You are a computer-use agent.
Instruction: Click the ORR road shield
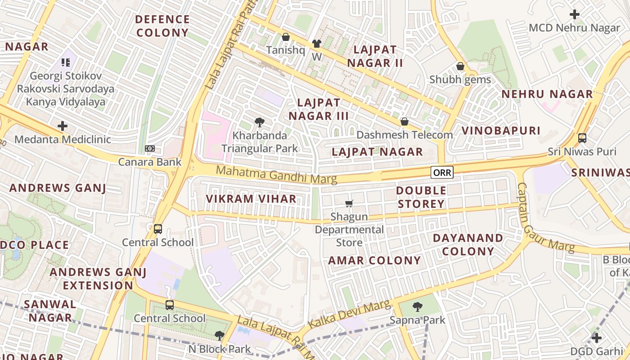[442, 172]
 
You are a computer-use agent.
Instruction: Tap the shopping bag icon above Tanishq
[285, 37]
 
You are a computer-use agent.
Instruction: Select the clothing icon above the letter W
[317, 44]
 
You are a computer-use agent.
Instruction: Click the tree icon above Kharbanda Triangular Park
[259, 122]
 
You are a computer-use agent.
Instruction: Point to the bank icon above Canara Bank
[150, 148]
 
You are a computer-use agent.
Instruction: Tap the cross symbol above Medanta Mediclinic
[63, 126]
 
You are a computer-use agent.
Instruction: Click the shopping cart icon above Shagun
[349, 204]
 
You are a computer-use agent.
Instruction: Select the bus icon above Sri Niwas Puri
[582, 138]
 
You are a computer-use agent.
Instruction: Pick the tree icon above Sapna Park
[417, 307]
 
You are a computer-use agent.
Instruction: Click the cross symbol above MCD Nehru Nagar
[574, 14]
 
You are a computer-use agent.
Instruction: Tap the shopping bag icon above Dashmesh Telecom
[404, 121]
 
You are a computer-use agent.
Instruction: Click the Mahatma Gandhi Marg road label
[276, 175]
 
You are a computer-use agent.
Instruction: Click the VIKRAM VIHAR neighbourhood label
[251, 199]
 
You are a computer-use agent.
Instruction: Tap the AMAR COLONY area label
[374, 261]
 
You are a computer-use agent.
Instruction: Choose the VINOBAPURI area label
[501, 131]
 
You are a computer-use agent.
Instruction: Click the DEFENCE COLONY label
[162, 26]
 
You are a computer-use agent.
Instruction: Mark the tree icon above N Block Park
[219, 335]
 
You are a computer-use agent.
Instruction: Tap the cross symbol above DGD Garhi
[597, 337]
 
